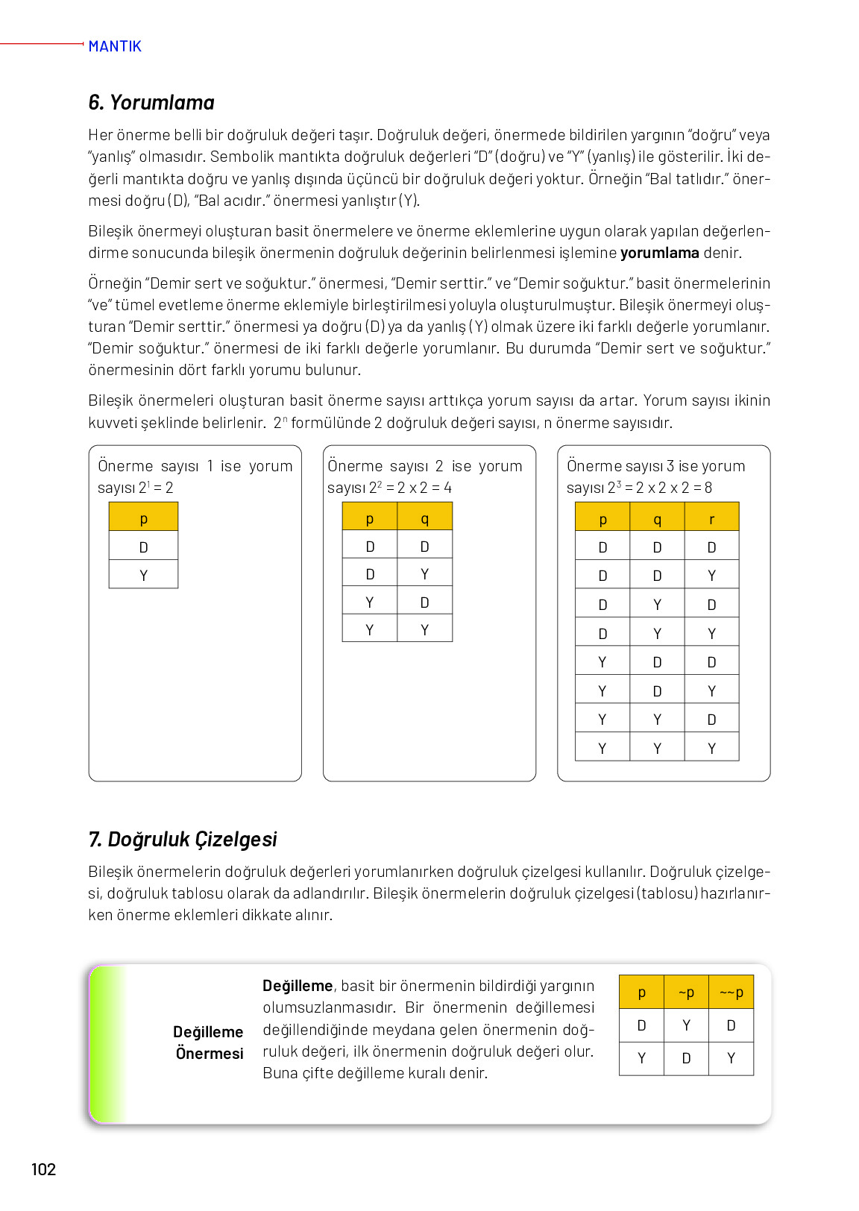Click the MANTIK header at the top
pyautogui.click(x=114, y=46)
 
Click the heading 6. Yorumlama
pyautogui.click(x=151, y=103)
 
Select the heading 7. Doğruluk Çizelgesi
pyautogui.click(x=183, y=840)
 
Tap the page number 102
pyautogui.click(x=43, y=1169)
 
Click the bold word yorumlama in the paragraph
pyautogui.click(x=659, y=253)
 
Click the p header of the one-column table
pyautogui.click(x=143, y=518)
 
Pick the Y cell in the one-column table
pyautogui.click(x=143, y=575)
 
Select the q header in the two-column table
pyautogui.click(x=424, y=518)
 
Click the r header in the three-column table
pyautogui.click(x=711, y=518)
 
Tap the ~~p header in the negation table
pyautogui.click(x=731, y=993)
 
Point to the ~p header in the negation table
pyautogui.click(x=686, y=993)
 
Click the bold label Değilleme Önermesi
pyautogui.click(x=209, y=1042)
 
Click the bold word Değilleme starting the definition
pyautogui.click(x=298, y=986)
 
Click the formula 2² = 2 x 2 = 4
pyautogui.click(x=410, y=488)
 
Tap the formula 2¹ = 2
pyautogui.click(x=156, y=488)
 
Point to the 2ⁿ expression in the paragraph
pyautogui.click(x=280, y=423)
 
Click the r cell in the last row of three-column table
pyautogui.click(x=711, y=748)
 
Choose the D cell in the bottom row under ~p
pyautogui.click(x=686, y=1058)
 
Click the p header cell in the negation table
pyautogui.click(x=641, y=993)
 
